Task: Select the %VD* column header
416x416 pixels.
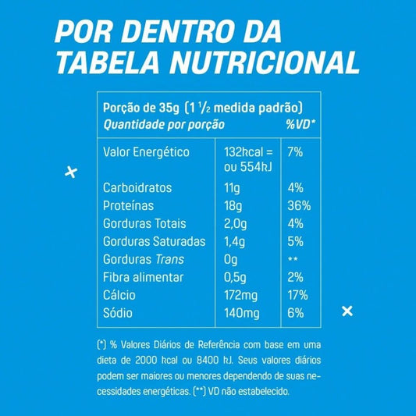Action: tap(300, 124)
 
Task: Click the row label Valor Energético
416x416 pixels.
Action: tap(148, 151)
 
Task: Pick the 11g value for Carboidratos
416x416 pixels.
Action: tap(232, 188)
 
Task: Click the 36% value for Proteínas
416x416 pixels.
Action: tap(299, 206)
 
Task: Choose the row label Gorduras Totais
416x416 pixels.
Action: tap(144, 224)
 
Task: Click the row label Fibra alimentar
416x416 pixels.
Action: tap(144, 277)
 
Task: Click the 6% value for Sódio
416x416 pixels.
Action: tap(295, 313)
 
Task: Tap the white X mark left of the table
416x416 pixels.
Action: tap(70, 172)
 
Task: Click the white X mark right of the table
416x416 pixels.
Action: tap(348, 311)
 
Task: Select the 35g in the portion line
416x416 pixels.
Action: tap(162, 108)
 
